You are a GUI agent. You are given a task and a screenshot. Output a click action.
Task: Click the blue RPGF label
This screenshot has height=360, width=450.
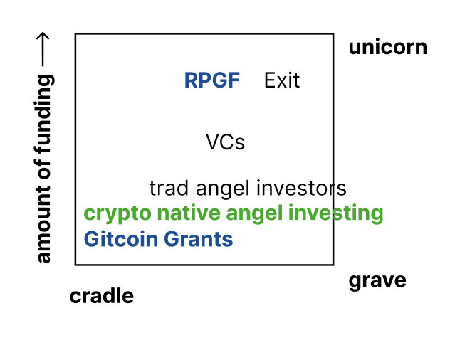(212, 80)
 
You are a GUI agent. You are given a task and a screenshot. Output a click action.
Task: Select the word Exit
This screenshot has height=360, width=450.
(282, 80)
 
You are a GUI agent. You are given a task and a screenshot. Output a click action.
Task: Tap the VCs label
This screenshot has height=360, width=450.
(225, 142)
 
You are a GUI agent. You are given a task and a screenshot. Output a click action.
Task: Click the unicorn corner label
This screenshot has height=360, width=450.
(387, 48)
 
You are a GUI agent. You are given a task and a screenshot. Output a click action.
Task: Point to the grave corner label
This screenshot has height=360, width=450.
(377, 280)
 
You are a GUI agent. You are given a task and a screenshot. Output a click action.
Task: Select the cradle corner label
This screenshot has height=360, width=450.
(101, 296)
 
